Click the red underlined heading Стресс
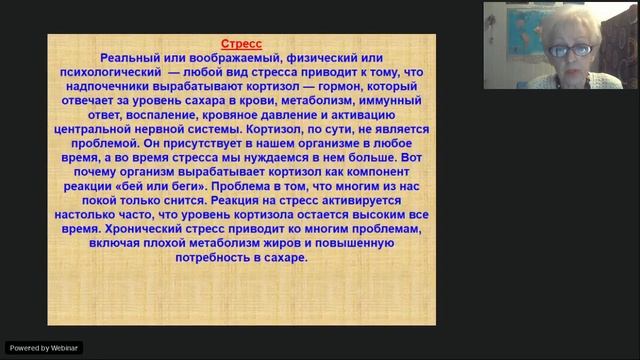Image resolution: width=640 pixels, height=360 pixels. (242, 45)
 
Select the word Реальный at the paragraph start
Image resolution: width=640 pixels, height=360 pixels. (129, 59)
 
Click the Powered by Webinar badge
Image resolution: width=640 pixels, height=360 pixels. (43, 348)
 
